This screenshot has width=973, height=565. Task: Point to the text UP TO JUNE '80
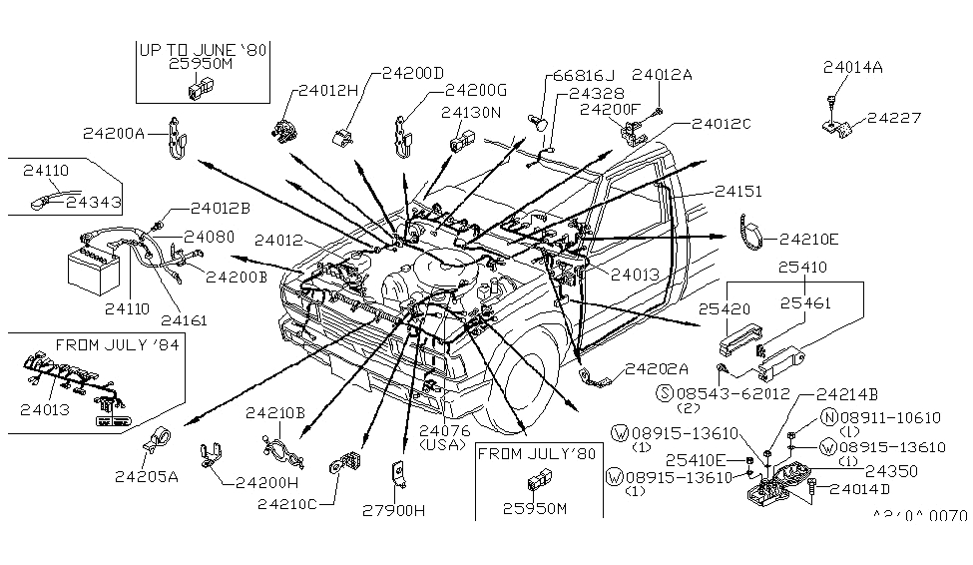click(204, 47)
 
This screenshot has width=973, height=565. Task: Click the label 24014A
click(853, 68)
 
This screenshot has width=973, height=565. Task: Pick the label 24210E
click(809, 239)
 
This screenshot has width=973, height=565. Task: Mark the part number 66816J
click(584, 75)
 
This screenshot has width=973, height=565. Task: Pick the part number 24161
click(186, 322)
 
